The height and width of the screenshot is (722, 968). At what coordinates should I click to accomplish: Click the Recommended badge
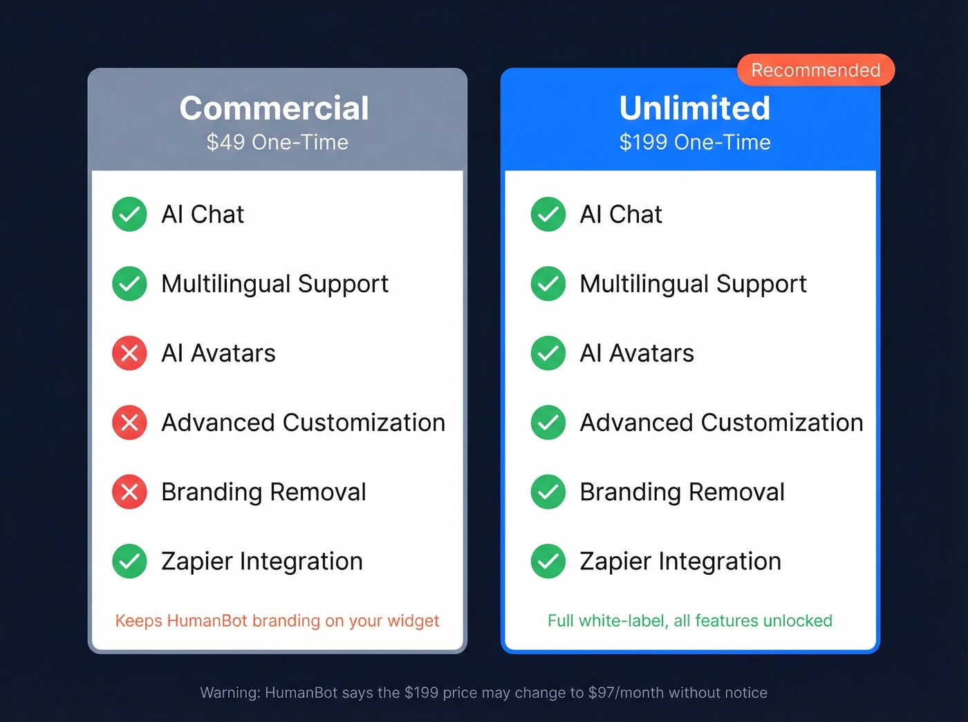pyautogui.click(x=816, y=70)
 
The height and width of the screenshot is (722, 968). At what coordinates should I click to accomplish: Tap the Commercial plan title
pyautogui.click(x=274, y=108)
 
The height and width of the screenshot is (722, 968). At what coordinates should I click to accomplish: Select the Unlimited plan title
pyautogui.click(x=694, y=108)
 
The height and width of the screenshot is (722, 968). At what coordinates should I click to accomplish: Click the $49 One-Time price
pyautogui.click(x=277, y=142)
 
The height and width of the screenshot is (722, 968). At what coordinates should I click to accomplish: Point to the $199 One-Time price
pyautogui.click(x=694, y=142)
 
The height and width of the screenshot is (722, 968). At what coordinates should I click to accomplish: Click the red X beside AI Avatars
pyautogui.click(x=129, y=353)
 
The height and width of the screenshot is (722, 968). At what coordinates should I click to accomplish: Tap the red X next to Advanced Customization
pyautogui.click(x=129, y=422)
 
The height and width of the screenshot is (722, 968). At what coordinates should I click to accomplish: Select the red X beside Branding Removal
pyautogui.click(x=129, y=492)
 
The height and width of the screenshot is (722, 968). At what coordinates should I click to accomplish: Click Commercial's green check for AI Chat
pyautogui.click(x=129, y=214)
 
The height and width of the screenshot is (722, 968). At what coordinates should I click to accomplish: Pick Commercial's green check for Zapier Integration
pyautogui.click(x=129, y=561)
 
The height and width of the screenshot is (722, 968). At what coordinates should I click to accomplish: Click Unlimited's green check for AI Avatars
pyautogui.click(x=548, y=353)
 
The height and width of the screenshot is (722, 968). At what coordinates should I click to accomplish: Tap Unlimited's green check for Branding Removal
pyautogui.click(x=548, y=492)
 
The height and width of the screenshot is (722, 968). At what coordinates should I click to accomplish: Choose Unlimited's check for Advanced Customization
pyautogui.click(x=548, y=422)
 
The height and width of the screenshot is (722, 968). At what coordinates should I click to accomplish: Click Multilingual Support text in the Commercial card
pyautogui.click(x=274, y=284)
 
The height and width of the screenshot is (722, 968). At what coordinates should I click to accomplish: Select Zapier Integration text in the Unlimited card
pyautogui.click(x=680, y=561)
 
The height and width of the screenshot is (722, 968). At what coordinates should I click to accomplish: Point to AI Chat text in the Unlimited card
pyautogui.click(x=621, y=214)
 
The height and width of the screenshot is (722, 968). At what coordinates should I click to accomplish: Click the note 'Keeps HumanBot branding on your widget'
pyautogui.click(x=277, y=620)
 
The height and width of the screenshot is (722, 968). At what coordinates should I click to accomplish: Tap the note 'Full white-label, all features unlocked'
pyautogui.click(x=690, y=620)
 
